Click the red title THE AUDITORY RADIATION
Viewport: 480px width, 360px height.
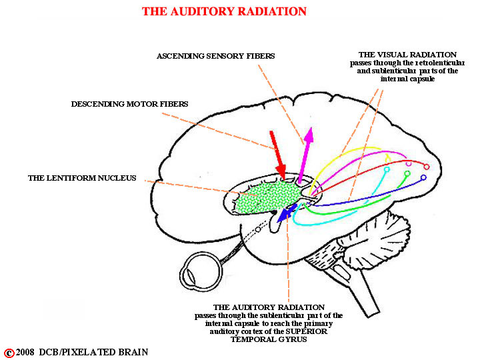pos(224,11)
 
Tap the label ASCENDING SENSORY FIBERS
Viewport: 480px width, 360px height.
pos(215,56)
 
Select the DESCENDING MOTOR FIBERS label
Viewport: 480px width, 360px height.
pos(129,104)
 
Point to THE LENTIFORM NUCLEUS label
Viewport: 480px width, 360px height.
pos(82,178)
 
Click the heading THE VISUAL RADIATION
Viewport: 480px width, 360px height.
pos(407,55)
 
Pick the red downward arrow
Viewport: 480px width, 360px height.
pos(278,155)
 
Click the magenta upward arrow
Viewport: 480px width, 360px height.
pos(306,155)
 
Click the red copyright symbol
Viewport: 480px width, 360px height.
pos(9,353)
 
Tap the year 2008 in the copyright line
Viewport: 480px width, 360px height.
pos(25,353)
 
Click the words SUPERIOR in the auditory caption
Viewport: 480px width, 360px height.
pos(307,331)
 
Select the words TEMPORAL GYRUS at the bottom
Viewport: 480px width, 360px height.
pos(269,339)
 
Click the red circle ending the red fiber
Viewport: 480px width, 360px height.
pos(427,167)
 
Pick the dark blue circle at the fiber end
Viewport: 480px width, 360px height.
pos(424,177)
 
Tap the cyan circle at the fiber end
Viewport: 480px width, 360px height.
pos(387,169)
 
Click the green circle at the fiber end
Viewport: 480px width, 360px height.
pos(407,173)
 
